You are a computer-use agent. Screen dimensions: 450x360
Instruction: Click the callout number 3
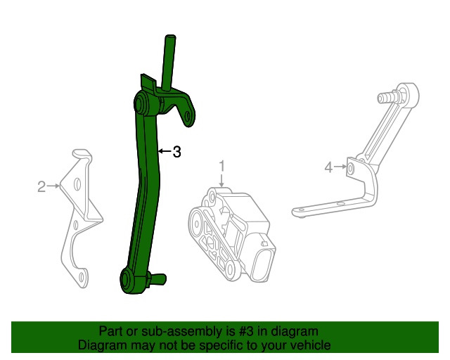tap(176, 152)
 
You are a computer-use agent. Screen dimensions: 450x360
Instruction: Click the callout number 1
tap(221, 166)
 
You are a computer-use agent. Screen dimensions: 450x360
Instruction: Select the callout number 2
tap(41, 187)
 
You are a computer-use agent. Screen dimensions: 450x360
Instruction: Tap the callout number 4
tap(328, 167)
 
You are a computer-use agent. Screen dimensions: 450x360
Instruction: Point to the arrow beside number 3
tap(165, 150)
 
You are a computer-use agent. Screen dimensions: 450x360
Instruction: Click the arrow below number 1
tap(221, 180)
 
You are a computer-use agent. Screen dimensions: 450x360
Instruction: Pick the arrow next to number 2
tap(53, 186)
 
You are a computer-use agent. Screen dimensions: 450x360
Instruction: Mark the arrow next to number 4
tap(340, 167)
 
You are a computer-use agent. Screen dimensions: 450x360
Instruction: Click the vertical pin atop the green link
tap(169, 62)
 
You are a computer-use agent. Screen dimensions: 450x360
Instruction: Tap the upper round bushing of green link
tap(141, 103)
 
